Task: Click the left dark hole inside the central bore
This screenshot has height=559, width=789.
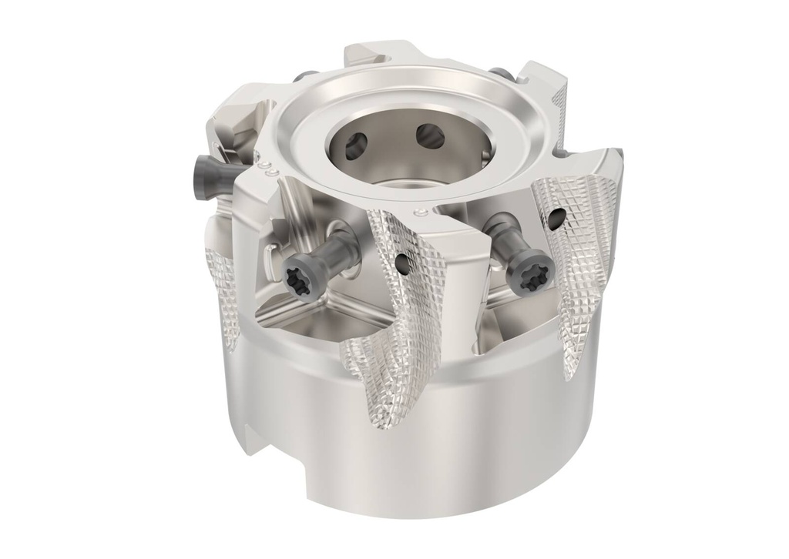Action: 356,144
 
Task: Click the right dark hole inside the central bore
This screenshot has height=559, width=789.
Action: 429,136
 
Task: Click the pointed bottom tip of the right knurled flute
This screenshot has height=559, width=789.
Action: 570,377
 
